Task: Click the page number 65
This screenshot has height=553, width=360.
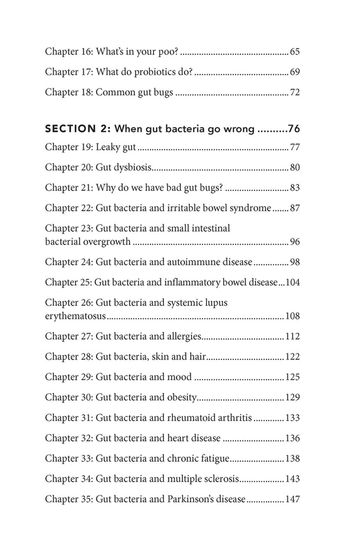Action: coord(295,52)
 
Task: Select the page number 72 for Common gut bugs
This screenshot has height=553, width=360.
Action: coord(295,93)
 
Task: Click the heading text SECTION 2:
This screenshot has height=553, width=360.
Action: coord(76,129)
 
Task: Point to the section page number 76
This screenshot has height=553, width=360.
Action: coord(294,129)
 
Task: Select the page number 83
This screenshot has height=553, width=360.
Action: coord(295,188)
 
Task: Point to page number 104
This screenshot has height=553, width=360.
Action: coord(292,282)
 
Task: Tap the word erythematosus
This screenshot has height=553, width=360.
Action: coord(75,316)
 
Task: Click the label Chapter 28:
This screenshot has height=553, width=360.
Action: coord(69,357)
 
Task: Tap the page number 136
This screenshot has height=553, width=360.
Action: coord(292,438)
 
